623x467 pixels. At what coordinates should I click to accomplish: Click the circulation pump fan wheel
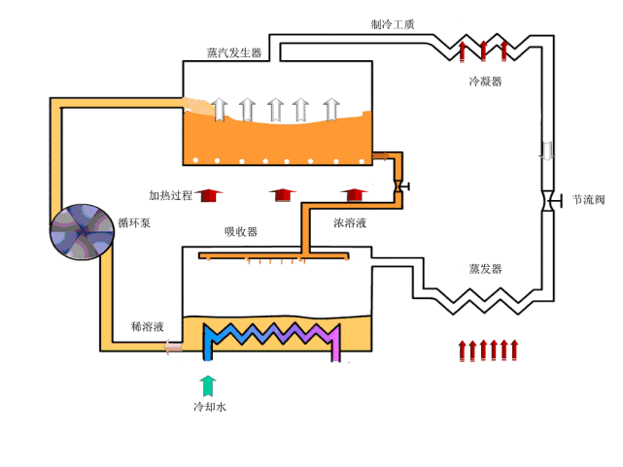tap(83, 232)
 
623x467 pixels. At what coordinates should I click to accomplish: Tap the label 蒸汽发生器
tap(234, 53)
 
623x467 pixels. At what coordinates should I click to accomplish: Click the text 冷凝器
tap(485, 82)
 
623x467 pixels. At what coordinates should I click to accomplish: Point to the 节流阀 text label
tap(589, 200)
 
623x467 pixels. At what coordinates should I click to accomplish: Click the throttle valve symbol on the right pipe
tap(549, 201)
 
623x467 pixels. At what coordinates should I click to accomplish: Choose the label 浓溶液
tap(350, 223)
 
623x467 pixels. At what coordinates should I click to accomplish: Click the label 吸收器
tap(241, 232)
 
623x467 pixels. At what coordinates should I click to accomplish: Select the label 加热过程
tap(170, 195)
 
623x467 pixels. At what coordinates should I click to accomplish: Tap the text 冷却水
tap(210, 407)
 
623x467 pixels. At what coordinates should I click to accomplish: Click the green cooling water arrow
tap(208, 384)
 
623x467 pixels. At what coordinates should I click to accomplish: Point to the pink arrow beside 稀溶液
tap(172, 346)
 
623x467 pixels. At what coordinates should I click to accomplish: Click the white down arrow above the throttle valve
tap(547, 150)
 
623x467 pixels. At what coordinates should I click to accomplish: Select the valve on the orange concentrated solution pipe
tap(398, 184)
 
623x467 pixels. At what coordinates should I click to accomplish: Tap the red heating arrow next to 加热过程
tap(206, 195)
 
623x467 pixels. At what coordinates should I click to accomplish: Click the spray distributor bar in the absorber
tap(274, 256)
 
